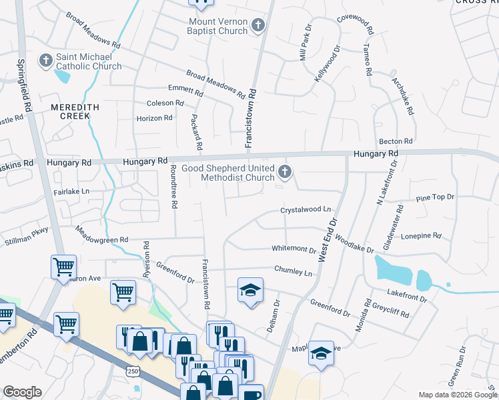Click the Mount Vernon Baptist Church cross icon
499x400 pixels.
[259, 26]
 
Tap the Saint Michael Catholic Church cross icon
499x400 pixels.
[46, 61]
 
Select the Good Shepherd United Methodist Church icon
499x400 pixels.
[285, 173]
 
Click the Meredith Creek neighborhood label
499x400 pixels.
[75, 111]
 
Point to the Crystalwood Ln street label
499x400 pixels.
[306, 209]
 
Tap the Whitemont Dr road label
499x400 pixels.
[294, 250]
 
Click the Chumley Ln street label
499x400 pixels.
[293, 273]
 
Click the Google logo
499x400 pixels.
[22, 392]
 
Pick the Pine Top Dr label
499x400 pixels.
[434, 197]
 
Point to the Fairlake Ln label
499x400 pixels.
[71, 192]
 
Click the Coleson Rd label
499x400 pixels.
[165, 103]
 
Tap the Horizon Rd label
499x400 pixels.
[154, 118]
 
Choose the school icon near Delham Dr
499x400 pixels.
[250, 291]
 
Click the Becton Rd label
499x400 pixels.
[396, 141]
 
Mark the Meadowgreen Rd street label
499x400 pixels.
[101, 236]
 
